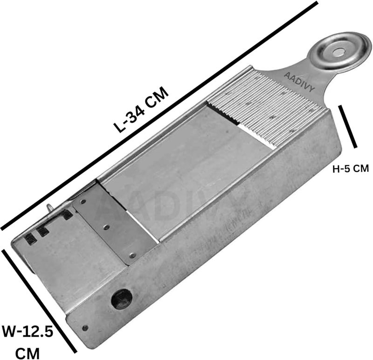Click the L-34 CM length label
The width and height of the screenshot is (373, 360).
coord(141,110)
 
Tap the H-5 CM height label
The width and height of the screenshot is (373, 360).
coord(351,169)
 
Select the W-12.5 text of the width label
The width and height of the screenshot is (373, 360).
coord(28,332)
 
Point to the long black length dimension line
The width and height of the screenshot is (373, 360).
coord(159,115)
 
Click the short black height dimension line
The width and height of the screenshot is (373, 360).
coord(347,127)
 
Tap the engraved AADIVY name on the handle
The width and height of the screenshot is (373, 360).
coord(299,82)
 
